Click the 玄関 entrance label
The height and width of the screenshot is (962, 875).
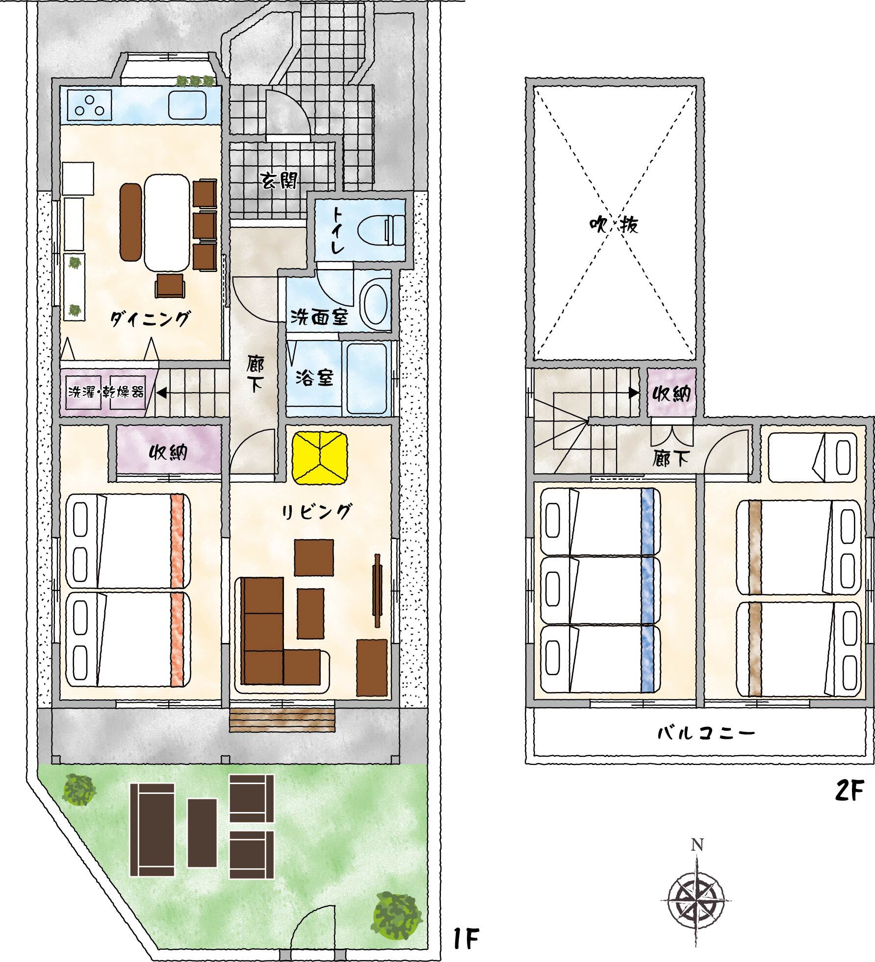[x=278, y=181]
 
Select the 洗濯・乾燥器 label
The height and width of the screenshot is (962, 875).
[x=106, y=392]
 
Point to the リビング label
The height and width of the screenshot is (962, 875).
[x=316, y=512]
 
